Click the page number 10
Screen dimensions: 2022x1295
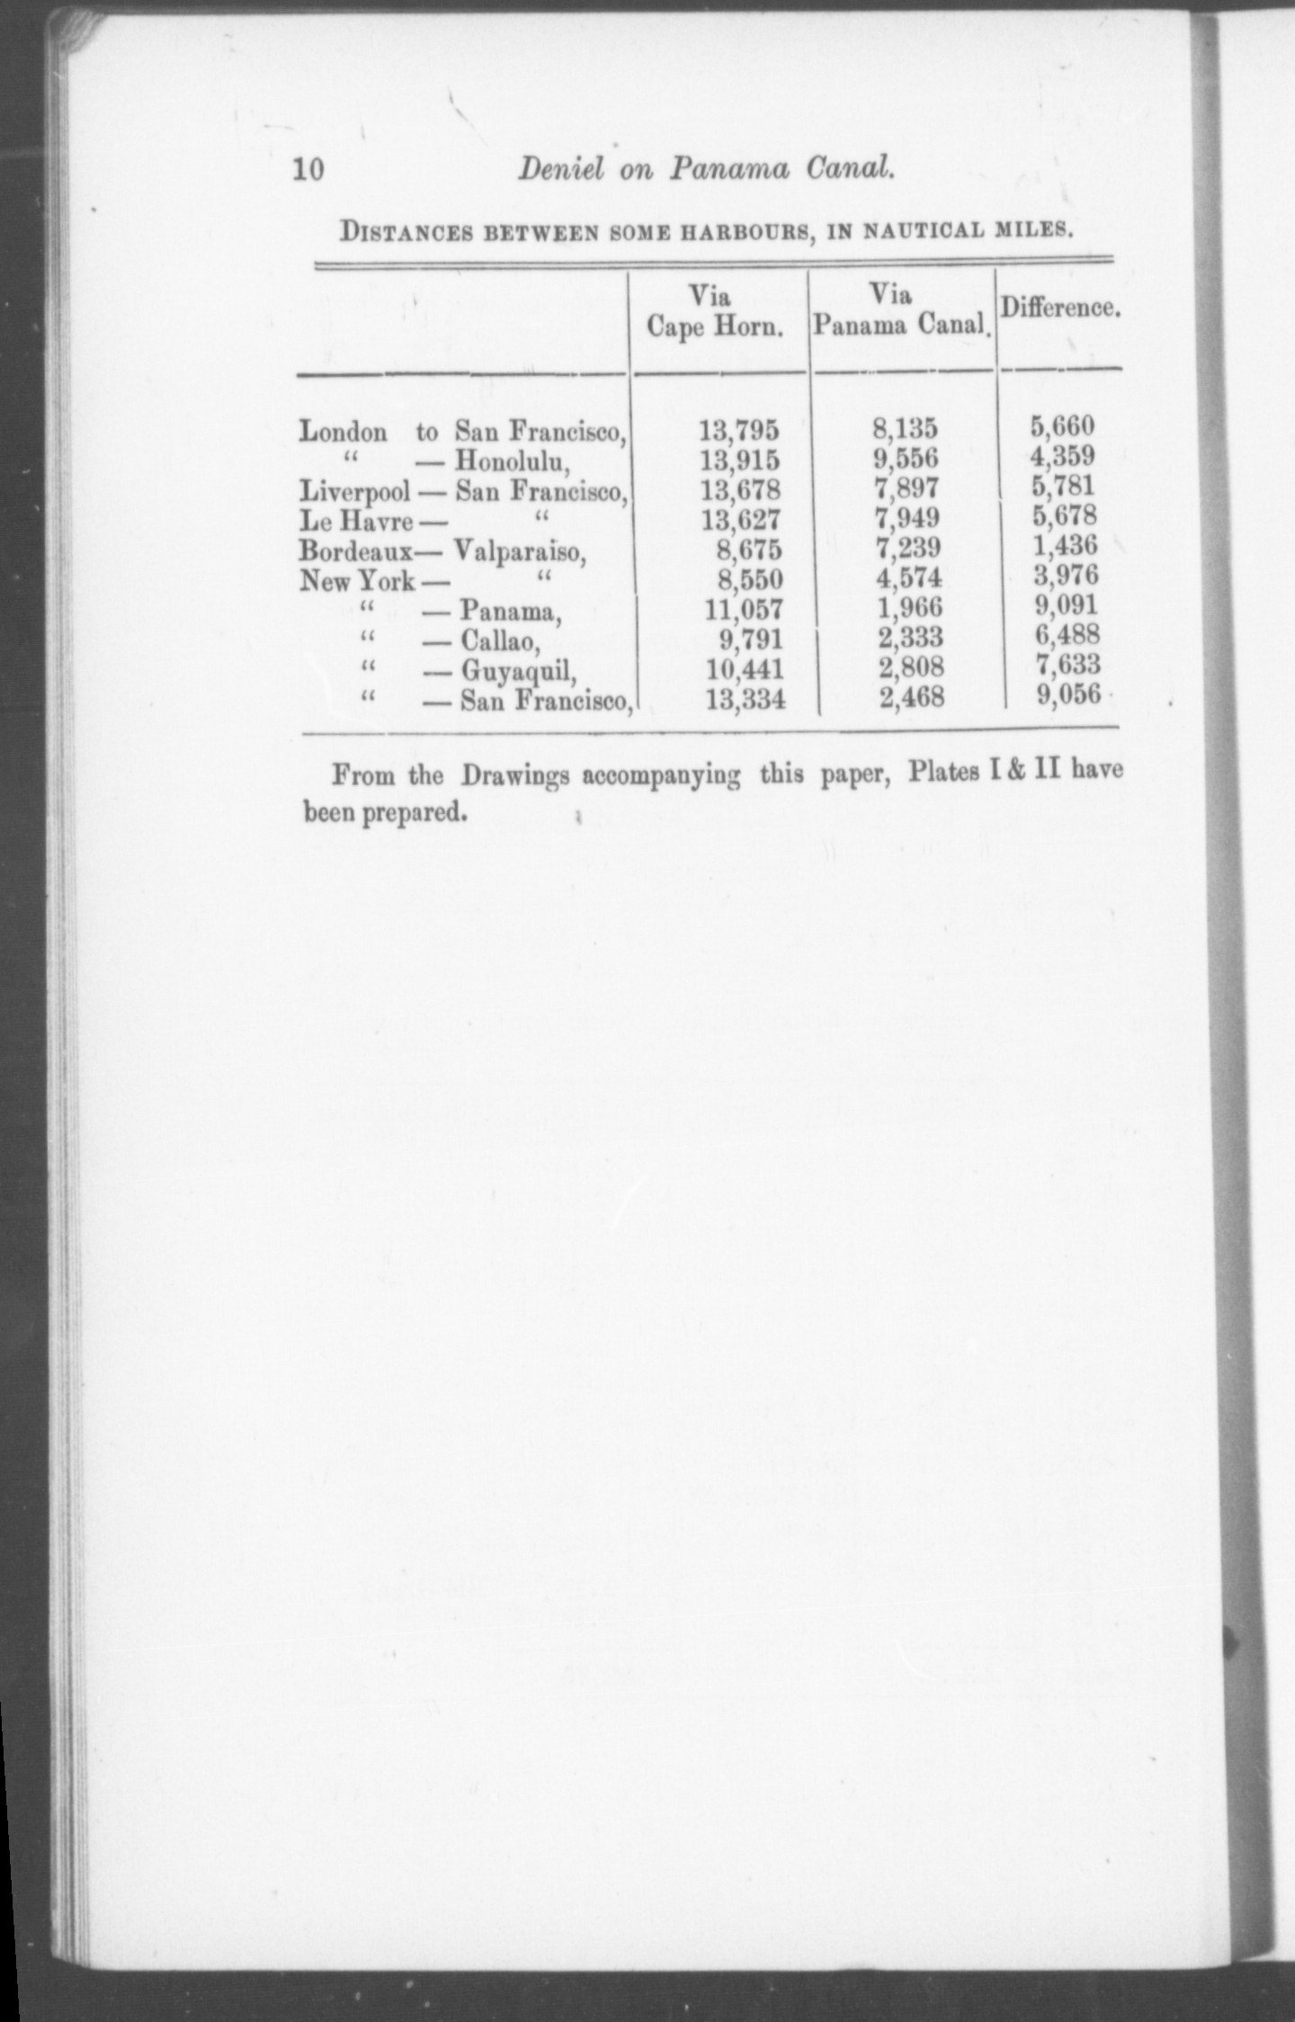point(308,169)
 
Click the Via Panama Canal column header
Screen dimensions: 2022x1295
point(900,310)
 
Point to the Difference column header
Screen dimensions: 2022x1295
point(1059,308)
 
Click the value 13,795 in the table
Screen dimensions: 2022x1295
point(739,431)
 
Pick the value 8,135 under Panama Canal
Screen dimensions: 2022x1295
point(904,429)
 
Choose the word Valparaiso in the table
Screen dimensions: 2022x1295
point(519,550)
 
